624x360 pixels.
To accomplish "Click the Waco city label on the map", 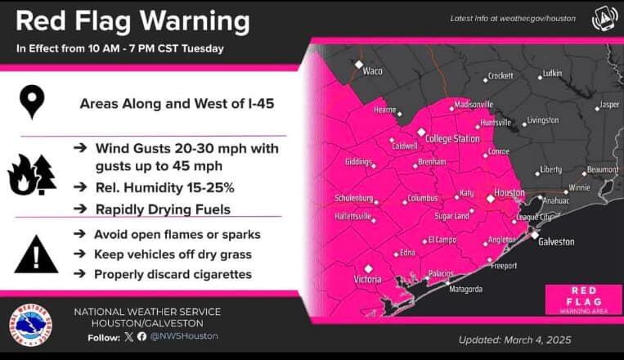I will (x=372, y=71).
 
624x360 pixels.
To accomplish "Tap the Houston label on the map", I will (x=510, y=193).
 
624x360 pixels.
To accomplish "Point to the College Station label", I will (x=452, y=139).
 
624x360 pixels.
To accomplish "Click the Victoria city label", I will (x=367, y=279).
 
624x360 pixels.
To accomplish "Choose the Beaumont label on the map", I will (x=602, y=169).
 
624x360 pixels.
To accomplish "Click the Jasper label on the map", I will (x=609, y=105).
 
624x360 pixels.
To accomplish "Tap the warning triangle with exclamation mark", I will (x=35, y=254).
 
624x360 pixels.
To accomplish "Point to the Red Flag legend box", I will (x=578, y=299).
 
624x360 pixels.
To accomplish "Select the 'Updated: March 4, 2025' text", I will (x=514, y=340).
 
